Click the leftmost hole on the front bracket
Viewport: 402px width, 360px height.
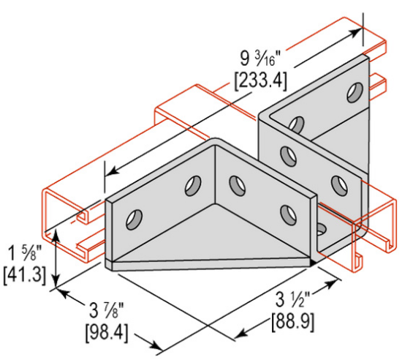coord(135,217)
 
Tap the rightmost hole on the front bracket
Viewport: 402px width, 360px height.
coord(285,212)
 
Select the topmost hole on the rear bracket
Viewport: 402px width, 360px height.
coord(354,92)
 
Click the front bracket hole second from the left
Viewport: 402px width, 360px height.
coord(193,184)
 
